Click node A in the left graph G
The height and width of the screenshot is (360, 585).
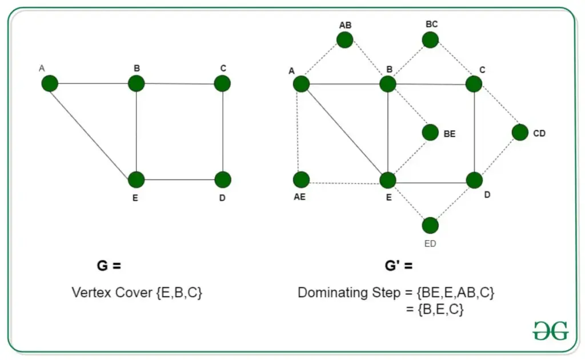pyautogui.click(x=50, y=83)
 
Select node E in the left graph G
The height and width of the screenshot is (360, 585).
pyautogui.click(x=136, y=179)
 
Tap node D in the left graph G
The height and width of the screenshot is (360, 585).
pyautogui.click(x=223, y=179)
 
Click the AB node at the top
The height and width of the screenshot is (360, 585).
pyautogui.click(x=344, y=40)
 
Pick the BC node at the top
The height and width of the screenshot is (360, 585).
pyautogui.click(x=430, y=40)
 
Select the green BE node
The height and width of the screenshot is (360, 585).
pyautogui.click(x=430, y=133)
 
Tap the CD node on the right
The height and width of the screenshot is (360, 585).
pyautogui.click(x=520, y=133)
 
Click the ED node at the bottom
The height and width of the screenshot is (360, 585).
pyautogui.click(x=430, y=225)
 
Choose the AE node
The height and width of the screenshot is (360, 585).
pyautogui.click(x=301, y=179)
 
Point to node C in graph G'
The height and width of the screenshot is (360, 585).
pyautogui.click(x=474, y=84)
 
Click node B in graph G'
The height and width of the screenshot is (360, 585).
pyautogui.click(x=388, y=84)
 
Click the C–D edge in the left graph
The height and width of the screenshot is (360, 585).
pyautogui.click(x=223, y=131)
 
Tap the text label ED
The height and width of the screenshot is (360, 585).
pyautogui.click(x=430, y=243)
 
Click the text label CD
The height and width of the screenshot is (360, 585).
pyautogui.click(x=539, y=133)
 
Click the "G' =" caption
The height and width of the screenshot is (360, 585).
pyautogui.click(x=398, y=266)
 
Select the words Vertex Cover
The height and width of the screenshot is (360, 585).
pyautogui.click(x=112, y=293)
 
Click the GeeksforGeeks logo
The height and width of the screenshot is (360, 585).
pyautogui.click(x=551, y=330)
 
